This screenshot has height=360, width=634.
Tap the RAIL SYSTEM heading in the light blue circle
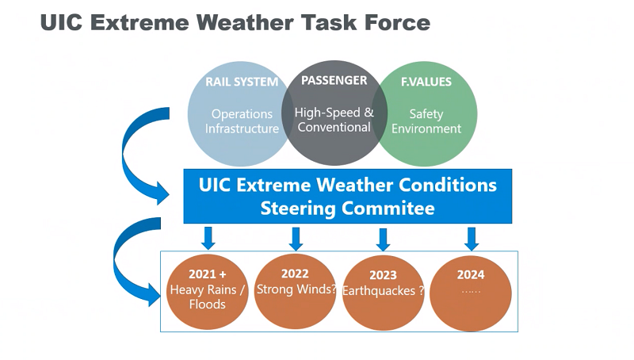coord(242,82)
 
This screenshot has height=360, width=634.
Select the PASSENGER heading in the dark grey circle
coord(334,80)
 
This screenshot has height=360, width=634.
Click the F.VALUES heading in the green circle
coord(426,82)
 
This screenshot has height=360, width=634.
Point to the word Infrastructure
coord(242,128)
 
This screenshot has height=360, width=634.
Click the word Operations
coord(242,114)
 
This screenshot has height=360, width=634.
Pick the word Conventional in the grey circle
coord(334,127)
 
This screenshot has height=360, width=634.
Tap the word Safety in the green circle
coord(426,114)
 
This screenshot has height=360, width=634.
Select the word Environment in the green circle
coord(426,128)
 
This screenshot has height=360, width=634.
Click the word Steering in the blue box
coord(298,209)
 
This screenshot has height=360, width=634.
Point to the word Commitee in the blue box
coord(388,209)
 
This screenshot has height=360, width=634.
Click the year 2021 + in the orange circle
coord(208,274)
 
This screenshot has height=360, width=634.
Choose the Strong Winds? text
coord(296,289)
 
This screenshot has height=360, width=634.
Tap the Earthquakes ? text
coord(384,291)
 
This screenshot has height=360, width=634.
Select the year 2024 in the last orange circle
coord(471,274)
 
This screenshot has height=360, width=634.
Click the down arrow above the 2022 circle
coord(296,239)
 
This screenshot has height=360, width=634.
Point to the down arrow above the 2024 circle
coord(472,239)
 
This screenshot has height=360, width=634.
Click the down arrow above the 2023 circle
coord(384,239)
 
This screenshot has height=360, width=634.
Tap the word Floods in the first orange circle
coord(208,304)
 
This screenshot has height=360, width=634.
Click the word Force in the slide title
coord(398,22)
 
